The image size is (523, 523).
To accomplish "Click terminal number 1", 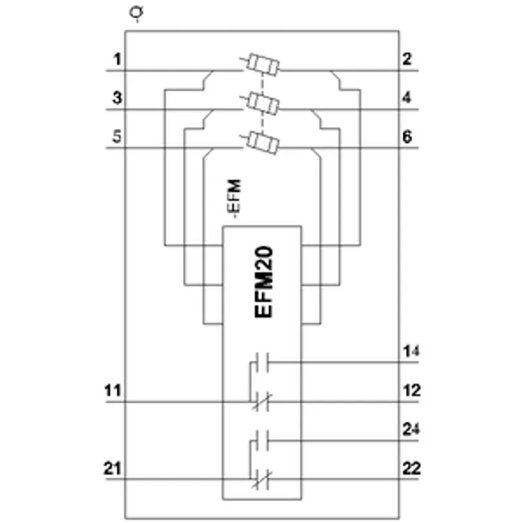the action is click(117, 59).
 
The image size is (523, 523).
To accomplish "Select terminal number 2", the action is click(407, 59).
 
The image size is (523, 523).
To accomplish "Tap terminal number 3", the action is click(117, 98).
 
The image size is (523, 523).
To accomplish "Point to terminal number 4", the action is click(407, 97).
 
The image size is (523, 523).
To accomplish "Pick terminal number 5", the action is click(117, 137).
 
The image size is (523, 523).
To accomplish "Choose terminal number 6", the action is click(407, 137).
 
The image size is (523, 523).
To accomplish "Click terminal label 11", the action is click(112, 390).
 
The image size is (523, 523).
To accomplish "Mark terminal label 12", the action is click(412, 390).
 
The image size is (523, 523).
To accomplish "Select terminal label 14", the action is click(411, 352).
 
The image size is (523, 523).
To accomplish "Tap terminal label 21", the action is click(112, 469).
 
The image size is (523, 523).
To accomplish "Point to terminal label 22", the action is click(412, 469).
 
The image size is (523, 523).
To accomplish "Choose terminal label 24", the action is click(411, 430).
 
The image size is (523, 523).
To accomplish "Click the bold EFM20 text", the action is click(263, 282).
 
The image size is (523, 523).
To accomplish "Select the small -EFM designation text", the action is click(235, 199).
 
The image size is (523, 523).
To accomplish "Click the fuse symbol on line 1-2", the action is click(261, 64).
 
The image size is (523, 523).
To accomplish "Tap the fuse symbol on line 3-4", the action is click(261, 103).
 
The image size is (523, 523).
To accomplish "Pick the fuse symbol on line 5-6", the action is click(261, 143).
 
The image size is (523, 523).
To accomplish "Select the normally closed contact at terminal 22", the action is click(262, 479).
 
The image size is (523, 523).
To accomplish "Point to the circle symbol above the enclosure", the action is click(137, 12).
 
